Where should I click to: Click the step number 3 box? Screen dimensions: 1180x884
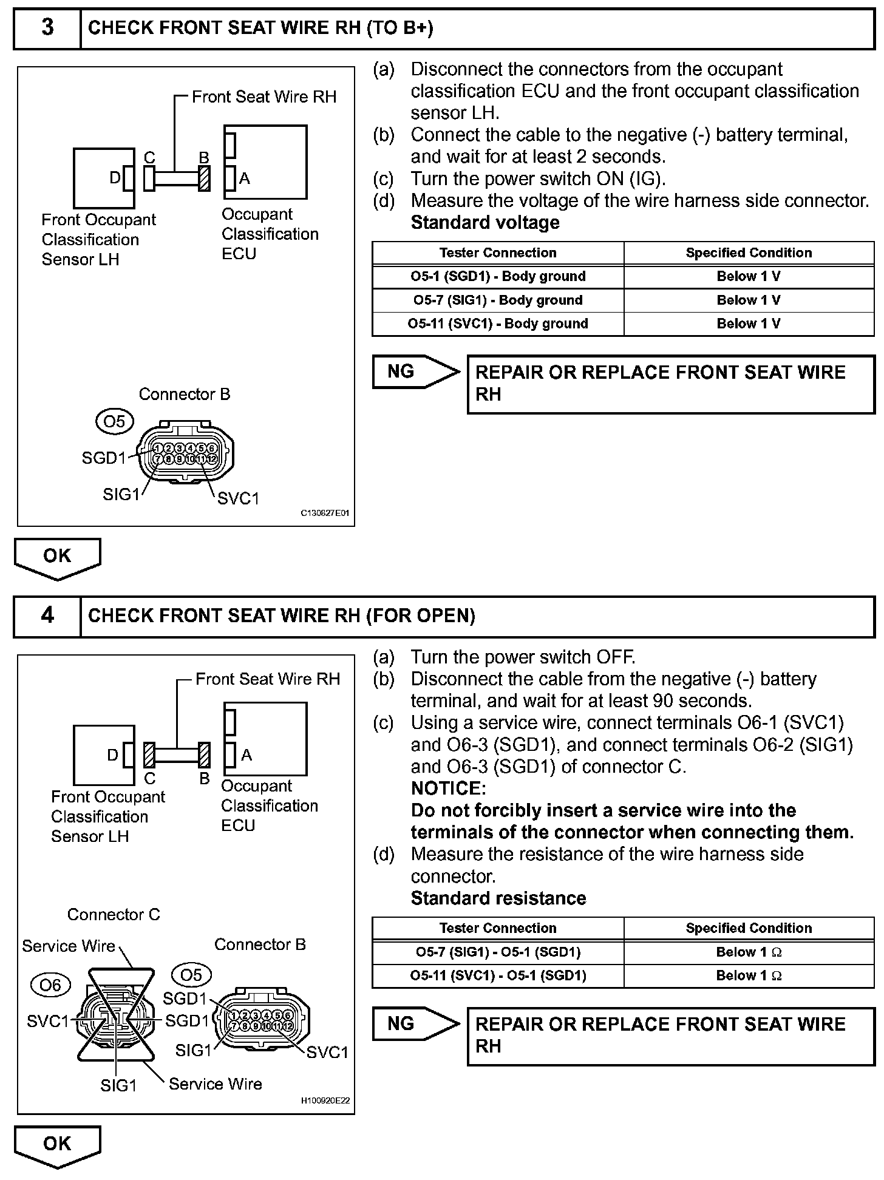(47, 28)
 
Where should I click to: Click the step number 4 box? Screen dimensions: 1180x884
(47, 616)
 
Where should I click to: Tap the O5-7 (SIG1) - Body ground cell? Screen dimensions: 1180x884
(498, 300)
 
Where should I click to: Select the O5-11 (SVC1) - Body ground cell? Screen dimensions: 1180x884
(498, 324)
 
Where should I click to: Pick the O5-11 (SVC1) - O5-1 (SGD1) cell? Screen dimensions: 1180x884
(498, 976)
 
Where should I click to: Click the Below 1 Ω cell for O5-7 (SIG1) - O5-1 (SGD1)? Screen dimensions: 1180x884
(749, 952)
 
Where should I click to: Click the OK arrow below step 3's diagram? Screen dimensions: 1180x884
(57, 557)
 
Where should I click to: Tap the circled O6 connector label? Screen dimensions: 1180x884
(50, 985)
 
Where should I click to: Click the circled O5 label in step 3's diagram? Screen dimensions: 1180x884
(114, 421)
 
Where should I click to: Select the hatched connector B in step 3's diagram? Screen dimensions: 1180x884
(205, 178)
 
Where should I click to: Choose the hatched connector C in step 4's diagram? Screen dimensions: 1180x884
(149, 755)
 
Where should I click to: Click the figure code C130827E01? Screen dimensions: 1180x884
(325, 514)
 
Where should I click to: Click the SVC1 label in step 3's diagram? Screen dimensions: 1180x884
(238, 499)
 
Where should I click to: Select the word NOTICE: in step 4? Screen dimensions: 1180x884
(449, 788)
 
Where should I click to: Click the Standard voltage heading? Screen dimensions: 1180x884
(485, 223)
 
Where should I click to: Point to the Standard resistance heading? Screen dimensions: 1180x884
(498, 898)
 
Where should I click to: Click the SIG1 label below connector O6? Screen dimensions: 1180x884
(119, 1085)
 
